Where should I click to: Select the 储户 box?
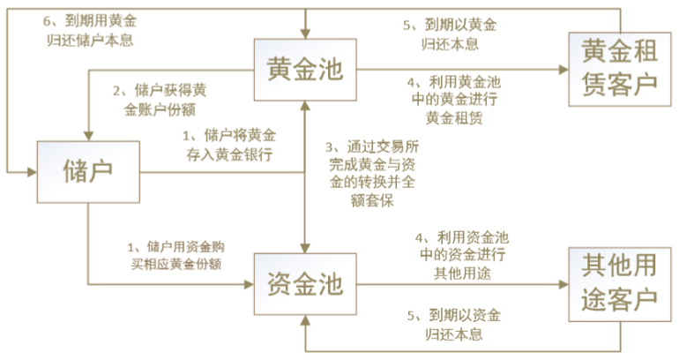88,169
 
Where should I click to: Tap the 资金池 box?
305,284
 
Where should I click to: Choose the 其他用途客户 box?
616,284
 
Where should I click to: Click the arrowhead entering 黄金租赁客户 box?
564,68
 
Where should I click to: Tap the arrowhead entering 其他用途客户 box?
564,284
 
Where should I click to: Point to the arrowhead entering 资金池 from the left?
249,284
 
